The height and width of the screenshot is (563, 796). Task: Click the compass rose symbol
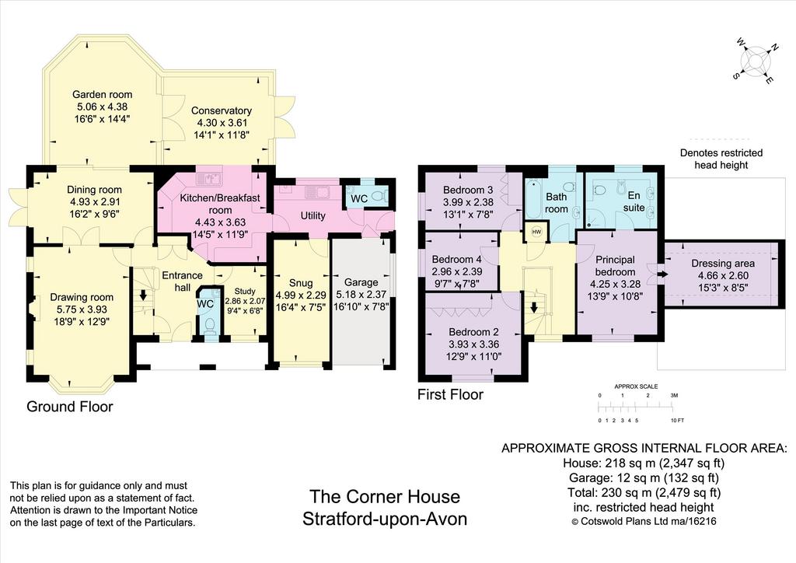(756, 61)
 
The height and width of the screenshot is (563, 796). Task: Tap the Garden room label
(102, 94)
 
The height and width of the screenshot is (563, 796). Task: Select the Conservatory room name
(222, 110)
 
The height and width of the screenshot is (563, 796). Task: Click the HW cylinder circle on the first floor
(536, 232)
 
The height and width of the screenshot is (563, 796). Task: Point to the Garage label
(361, 282)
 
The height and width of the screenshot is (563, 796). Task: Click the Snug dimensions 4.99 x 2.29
(301, 295)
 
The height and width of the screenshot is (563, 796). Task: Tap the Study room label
(245, 292)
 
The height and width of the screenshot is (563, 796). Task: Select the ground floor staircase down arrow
(143, 295)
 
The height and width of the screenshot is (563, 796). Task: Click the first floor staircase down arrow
(533, 308)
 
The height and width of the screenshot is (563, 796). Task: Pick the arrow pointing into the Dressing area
(662, 275)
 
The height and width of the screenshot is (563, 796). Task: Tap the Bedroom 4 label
(457, 259)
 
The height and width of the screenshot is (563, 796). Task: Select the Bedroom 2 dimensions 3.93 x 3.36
(473, 344)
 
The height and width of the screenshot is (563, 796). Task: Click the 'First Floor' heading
(450, 394)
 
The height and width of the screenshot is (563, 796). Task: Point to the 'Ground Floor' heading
(69, 407)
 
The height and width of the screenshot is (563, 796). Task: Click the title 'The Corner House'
(385, 496)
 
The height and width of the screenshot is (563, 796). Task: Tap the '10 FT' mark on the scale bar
(678, 421)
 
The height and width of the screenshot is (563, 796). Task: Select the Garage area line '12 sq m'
(644, 477)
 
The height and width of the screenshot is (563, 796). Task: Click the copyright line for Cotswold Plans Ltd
(644, 521)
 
